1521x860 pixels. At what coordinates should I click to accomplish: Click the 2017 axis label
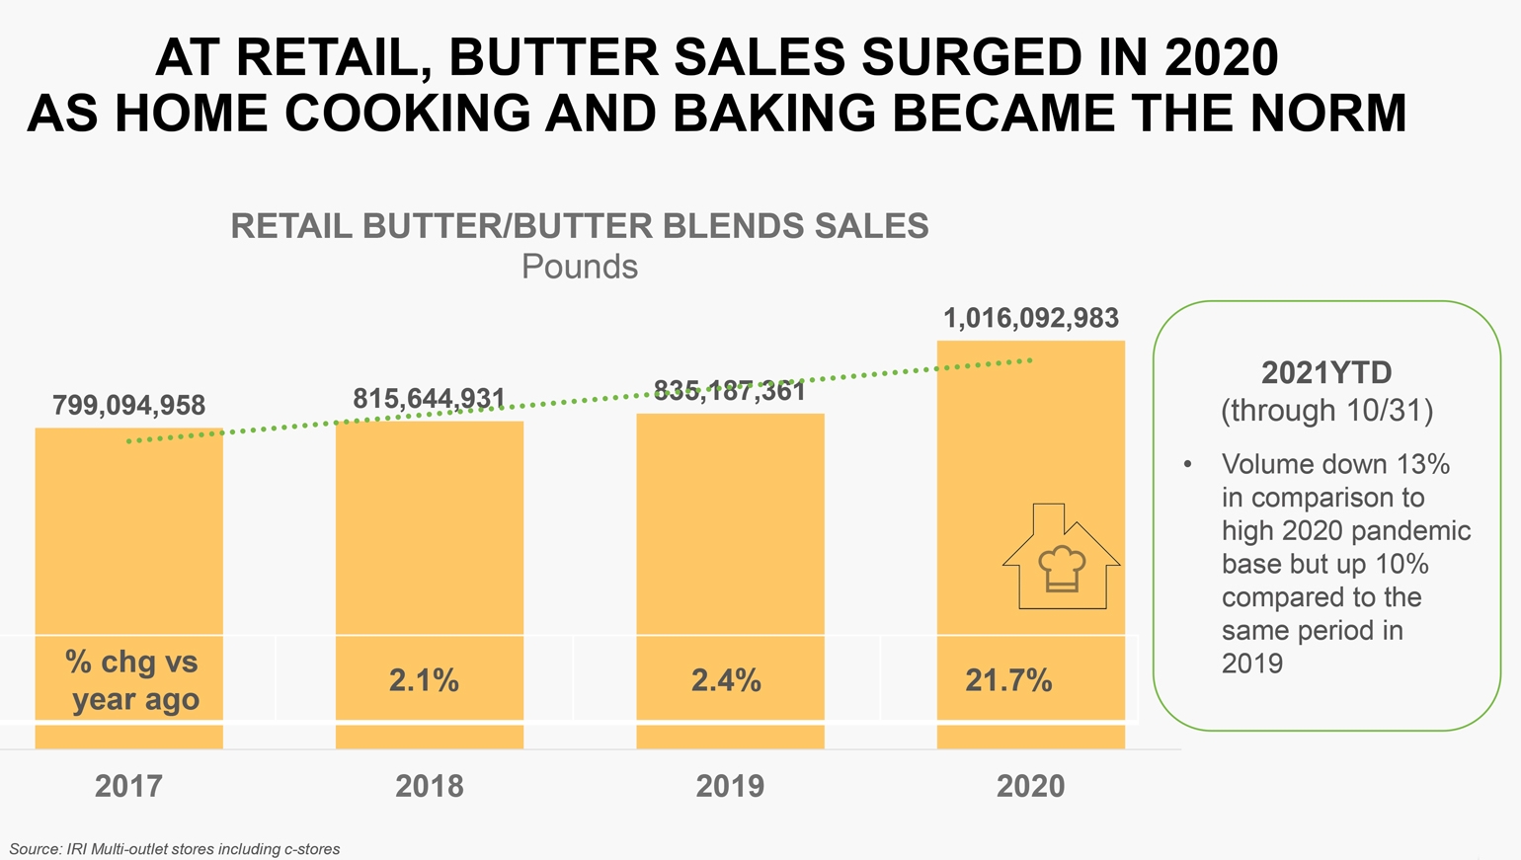pos(128,786)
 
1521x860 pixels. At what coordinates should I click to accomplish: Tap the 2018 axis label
pos(429,786)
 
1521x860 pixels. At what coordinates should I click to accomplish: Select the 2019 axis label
pos(730,786)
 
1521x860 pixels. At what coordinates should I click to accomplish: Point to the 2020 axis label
pos(1030,786)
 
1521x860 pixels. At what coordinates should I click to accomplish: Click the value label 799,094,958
pos(128,405)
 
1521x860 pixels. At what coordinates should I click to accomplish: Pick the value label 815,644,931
pos(429,398)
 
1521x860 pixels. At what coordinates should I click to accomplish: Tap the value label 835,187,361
pos(730,391)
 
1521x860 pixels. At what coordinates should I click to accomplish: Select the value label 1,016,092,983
pos(1030,318)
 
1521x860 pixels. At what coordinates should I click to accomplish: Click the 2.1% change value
pos(424,680)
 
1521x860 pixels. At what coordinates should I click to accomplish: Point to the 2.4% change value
pos(726,680)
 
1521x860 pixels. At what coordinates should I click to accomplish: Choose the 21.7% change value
pos(1008,680)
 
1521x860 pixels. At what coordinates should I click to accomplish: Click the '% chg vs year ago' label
pos(133,680)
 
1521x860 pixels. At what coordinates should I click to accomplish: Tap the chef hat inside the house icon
pos(1061,568)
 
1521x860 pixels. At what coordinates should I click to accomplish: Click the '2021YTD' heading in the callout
pos(1326,372)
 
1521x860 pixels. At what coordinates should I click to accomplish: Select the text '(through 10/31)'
pos(1326,410)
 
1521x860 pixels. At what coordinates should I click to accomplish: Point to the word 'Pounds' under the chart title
pos(580,267)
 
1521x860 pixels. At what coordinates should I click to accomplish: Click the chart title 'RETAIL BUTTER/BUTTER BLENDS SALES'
pos(580,226)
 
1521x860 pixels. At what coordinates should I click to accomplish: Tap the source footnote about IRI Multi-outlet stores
pos(175,849)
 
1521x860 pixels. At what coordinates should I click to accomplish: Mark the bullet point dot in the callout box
pos(1188,464)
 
